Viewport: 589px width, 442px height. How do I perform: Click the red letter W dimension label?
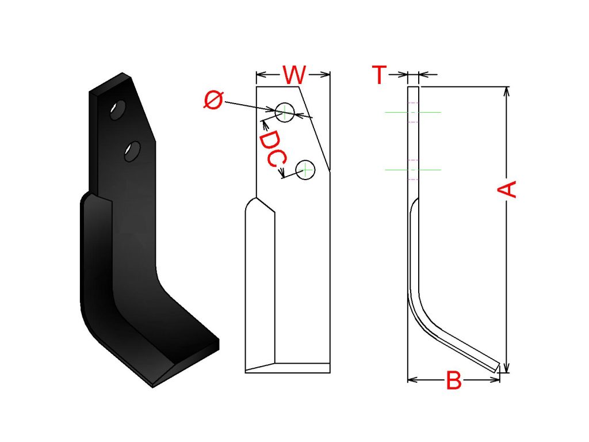tap(294, 75)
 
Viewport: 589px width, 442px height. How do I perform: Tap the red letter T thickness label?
tap(380, 75)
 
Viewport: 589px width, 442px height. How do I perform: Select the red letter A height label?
tap(507, 189)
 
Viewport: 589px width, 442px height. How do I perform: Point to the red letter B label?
tap(454, 380)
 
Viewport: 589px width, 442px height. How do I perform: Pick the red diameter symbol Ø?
tap(213, 100)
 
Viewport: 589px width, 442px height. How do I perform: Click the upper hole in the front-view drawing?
tap(284, 112)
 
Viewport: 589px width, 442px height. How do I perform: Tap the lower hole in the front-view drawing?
tap(305, 170)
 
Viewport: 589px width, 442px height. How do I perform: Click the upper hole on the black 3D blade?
tap(118, 110)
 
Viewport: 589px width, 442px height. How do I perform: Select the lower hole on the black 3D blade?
tap(133, 151)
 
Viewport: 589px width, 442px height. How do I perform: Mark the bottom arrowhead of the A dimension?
tap(506, 368)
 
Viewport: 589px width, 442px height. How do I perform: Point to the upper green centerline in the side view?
tap(413, 112)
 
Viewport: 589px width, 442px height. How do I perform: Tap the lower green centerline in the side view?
tap(413, 170)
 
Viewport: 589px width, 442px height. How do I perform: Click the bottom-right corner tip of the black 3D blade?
tap(219, 341)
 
